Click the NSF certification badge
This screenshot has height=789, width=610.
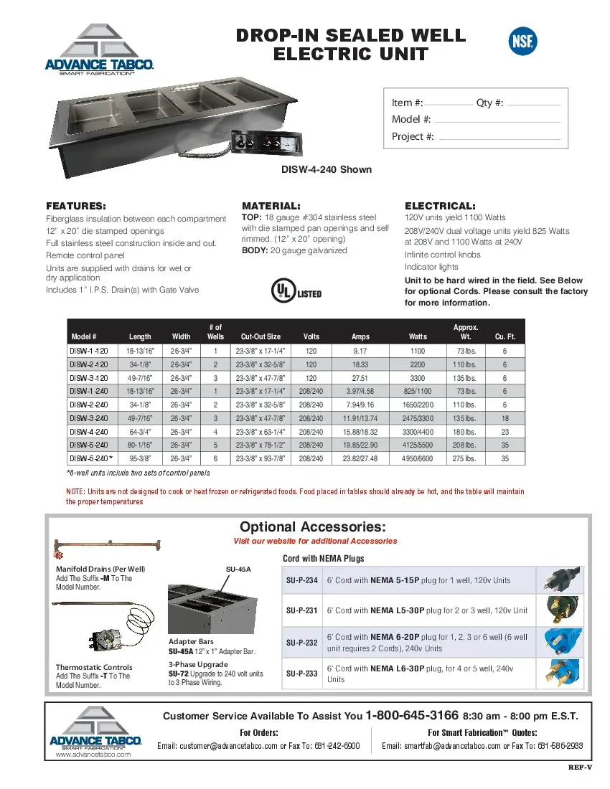(x=522, y=41)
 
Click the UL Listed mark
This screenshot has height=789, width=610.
(x=295, y=292)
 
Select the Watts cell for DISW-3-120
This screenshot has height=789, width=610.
(x=417, y=378)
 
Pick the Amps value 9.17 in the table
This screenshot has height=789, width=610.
(x=360, y=351)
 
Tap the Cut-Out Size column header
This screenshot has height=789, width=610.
(x=261, y=336)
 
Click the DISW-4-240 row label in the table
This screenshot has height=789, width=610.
(x=88, y=432)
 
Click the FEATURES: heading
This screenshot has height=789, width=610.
(x=76, y=205)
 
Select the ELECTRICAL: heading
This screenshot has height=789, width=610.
(x=440, y=205)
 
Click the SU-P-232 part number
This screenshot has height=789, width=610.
(x=301, y=643)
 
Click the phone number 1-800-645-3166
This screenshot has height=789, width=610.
(x=412, y=715)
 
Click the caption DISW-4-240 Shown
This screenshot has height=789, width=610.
(x=326, y=170)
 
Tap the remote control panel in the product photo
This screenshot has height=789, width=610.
(x=266, y=143)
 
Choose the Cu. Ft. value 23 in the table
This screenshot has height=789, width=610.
(x=505, y=432)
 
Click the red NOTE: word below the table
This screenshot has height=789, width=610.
(x=75, y=492)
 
